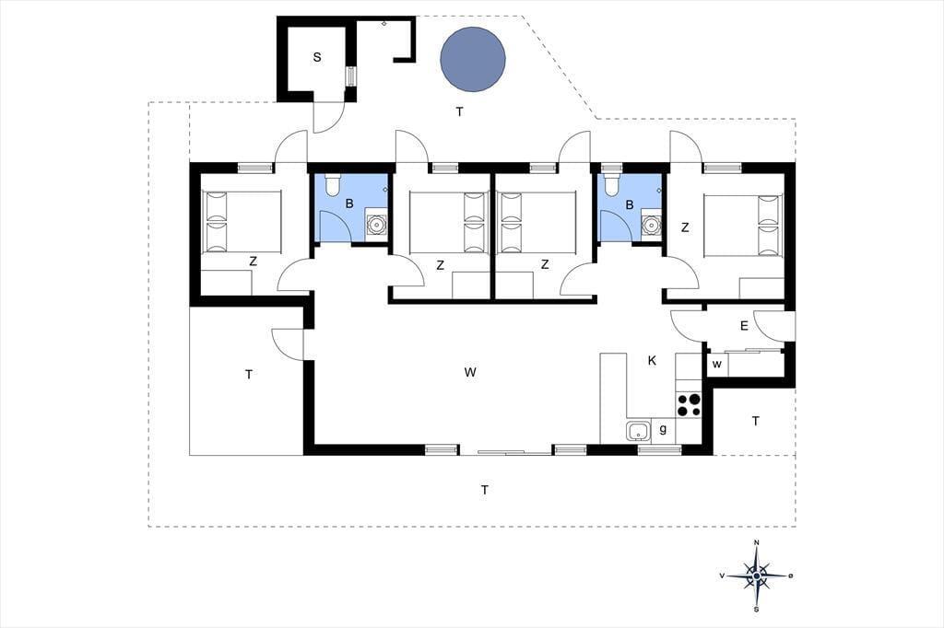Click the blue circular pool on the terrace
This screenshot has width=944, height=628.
point(473,60)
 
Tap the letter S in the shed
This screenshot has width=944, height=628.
point(317,58)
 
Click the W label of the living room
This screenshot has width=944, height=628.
point(470,372)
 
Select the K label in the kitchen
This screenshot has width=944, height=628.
point(652,361)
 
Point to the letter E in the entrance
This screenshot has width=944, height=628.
point(744,326)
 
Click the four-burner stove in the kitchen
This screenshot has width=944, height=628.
point(690,404)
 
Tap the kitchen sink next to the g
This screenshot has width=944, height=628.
point(638,431)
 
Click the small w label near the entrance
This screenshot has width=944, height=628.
point(717,365)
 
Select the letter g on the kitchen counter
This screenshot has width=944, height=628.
point(663,429)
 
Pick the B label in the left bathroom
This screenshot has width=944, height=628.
point(349,204)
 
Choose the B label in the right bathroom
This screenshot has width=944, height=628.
point(630,205)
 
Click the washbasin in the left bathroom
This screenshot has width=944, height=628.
point(377,225)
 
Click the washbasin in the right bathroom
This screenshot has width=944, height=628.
point(651,225)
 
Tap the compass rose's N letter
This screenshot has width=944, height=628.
point(757,542)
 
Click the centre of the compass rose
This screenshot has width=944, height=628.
point(757,576)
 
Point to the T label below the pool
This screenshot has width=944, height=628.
point(460,112)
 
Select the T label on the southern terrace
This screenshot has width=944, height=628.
point(485,491)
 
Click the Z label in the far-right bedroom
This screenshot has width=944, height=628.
point(685,228)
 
